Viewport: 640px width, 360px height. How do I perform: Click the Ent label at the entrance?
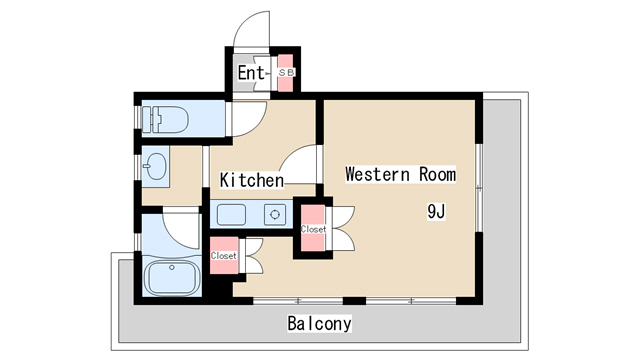251,73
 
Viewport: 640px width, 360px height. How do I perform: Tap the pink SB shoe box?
286,73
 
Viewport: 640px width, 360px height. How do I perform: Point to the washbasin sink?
156,166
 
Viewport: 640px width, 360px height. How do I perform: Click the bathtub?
172,278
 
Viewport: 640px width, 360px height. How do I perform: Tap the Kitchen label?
251,180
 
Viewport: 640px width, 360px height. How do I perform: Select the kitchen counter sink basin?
231,215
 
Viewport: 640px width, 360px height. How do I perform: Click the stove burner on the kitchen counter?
275,214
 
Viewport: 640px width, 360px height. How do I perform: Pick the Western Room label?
400,174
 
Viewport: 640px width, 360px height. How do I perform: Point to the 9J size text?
436,211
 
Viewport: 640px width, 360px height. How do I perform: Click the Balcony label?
319,323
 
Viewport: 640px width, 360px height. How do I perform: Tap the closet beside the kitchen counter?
313,229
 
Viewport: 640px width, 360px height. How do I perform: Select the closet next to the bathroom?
224,256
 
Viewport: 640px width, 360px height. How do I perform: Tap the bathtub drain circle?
172,268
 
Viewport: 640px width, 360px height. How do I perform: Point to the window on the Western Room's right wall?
479,187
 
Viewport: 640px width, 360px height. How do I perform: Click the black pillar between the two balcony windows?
354,301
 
